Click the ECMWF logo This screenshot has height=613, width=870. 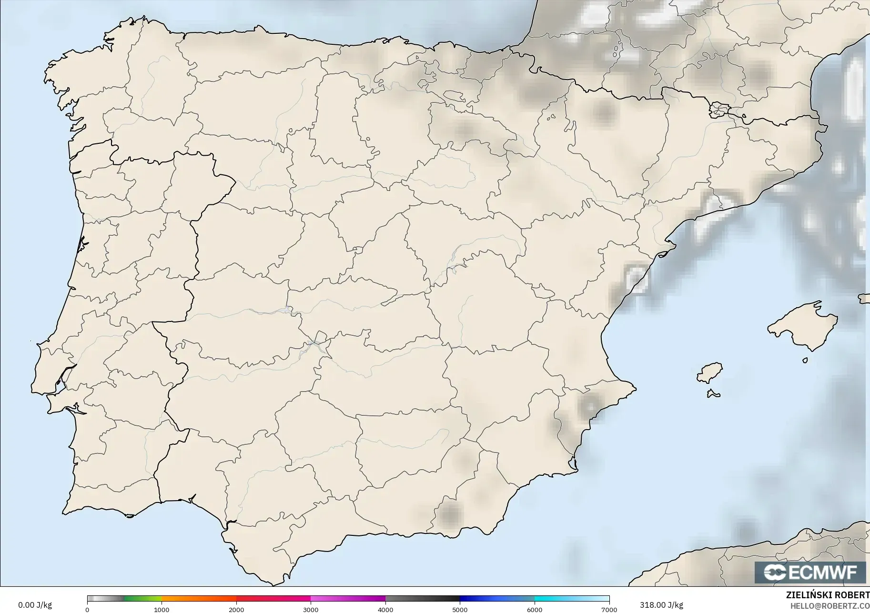tap(810, 572)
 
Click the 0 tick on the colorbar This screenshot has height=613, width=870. tap(87, 609)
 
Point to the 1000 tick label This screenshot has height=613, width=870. tap(162, 609)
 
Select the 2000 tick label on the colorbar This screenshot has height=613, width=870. tap(236, 609)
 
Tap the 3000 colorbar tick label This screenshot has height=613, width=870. tap(311, 609)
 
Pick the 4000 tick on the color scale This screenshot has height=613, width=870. tap(385, 609)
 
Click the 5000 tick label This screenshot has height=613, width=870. tap(460, 609)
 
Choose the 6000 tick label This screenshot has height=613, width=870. tap(535, 609)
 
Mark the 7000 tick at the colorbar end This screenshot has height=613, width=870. tap(609, 609)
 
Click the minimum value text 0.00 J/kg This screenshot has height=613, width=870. tap(35, 605)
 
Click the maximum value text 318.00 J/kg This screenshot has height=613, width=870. tap(661, 605)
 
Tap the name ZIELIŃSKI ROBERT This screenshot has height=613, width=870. tap(828, 595)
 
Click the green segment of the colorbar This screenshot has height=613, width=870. tap(143, 599)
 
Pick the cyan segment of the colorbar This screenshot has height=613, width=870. tap(553, 599)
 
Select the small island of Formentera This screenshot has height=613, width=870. tap(713, 393)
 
